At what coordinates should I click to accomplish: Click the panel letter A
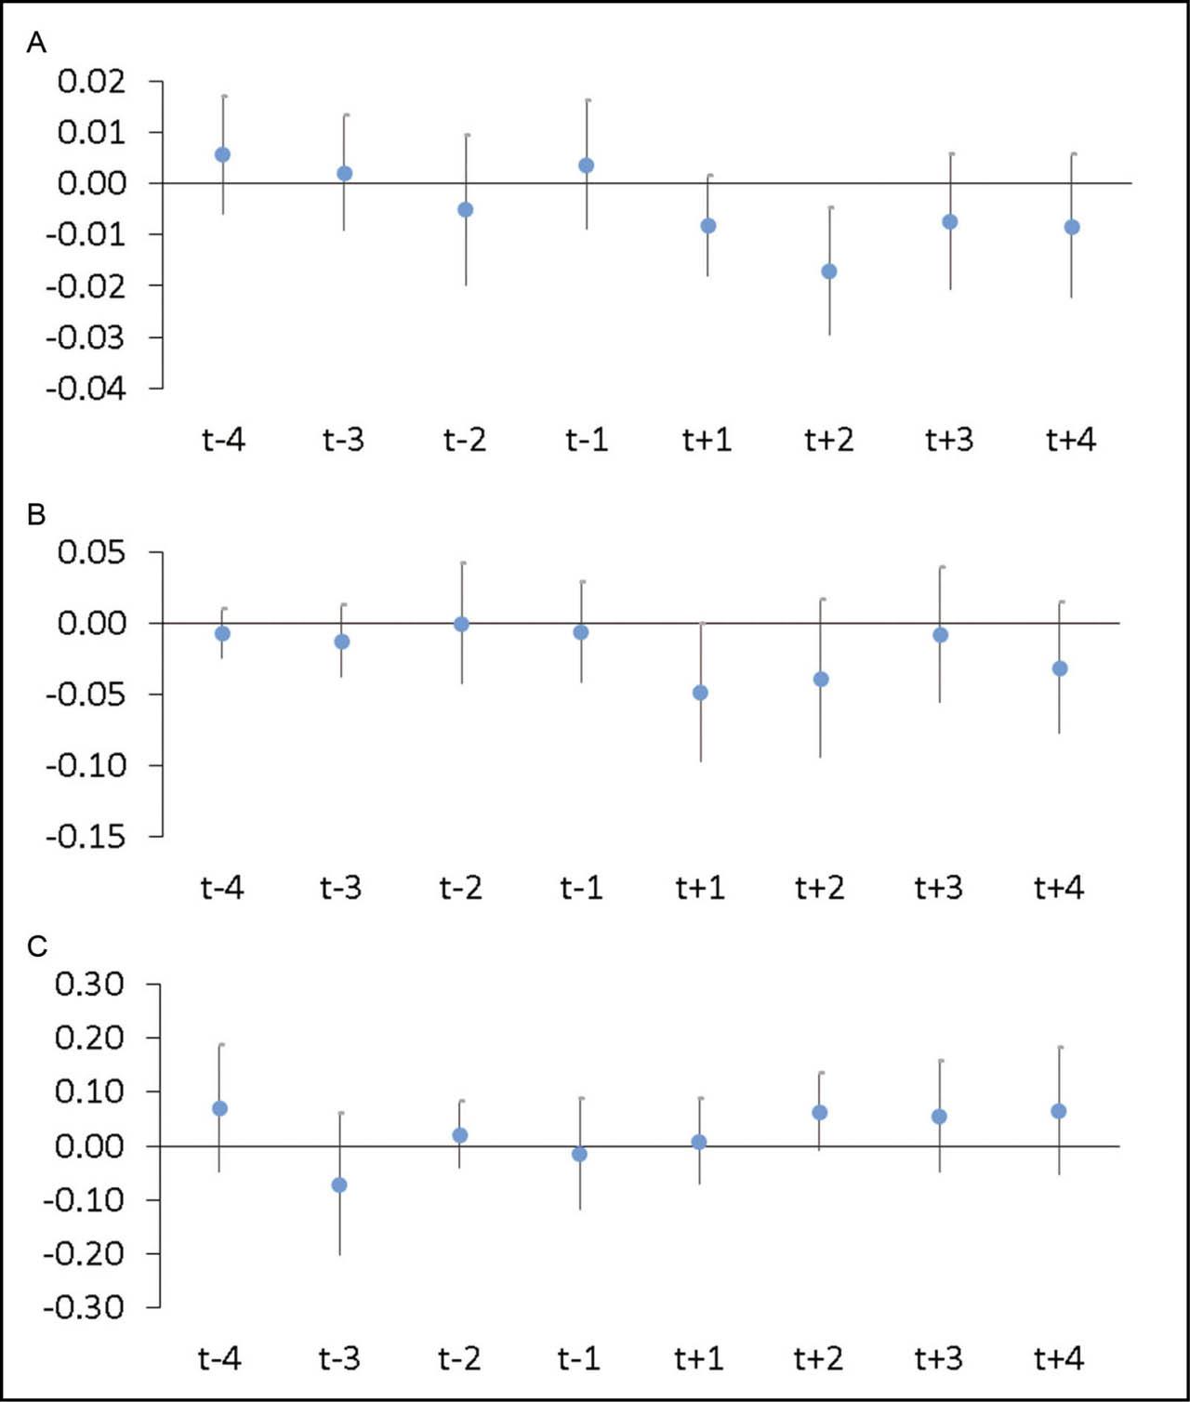pos(36,43)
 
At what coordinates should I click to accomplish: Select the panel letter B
pos(36,514)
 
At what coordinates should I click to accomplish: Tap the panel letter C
pos(36,946)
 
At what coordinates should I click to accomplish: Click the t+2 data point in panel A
pos(829,271)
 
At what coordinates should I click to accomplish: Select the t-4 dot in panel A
pos(222,154)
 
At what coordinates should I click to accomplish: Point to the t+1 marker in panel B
pos(700,693)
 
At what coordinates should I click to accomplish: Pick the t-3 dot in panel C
pos(339,1185)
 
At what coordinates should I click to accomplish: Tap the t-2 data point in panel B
pos(461,624)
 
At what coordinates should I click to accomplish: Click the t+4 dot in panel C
pos(1058,1111)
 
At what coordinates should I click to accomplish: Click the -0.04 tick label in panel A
pos(86,389)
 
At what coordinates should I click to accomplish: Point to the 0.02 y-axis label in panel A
pos(92,82)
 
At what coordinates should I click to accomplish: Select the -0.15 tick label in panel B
pos(86,837)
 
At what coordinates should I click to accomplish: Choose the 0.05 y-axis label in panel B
pos(92,552)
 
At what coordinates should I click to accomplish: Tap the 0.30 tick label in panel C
pos(90,984)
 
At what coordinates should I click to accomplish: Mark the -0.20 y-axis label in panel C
pos(84,1254)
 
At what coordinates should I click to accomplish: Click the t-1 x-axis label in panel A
pos(587,440)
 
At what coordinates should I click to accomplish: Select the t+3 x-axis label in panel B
pos(939,887)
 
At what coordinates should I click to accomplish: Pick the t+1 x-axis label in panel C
pos(699,1358)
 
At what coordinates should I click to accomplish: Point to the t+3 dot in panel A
pos(950,222)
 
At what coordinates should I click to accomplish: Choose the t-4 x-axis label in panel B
pos(222,887)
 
